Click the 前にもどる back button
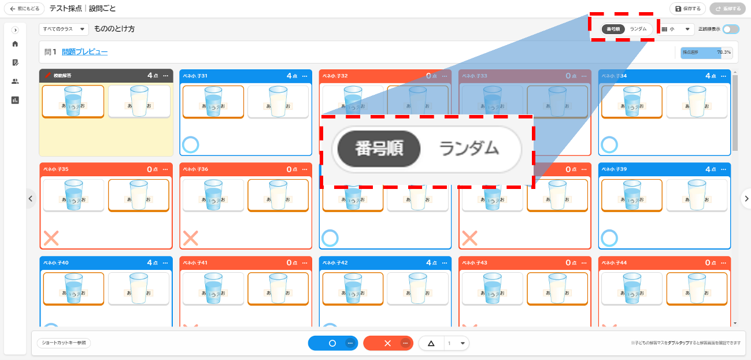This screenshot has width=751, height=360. pos(24,9)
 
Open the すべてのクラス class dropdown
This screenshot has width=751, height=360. pos(64,28)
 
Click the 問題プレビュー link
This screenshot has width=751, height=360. pos(84,52)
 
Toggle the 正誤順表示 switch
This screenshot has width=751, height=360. pos(731,29)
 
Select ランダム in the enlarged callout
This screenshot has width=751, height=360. pos(469,149)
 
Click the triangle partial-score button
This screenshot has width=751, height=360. pos(431,343)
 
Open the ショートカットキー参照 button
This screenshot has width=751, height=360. pos(64,343)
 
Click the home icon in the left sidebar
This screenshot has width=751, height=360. pos(15,44)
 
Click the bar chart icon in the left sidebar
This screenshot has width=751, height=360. pos(15,100)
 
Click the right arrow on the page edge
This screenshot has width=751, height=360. pos(746,198)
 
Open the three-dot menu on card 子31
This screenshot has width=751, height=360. pos(305,76)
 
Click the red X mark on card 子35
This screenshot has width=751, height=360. pos(51,238)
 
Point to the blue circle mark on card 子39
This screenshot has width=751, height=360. pos(610,238)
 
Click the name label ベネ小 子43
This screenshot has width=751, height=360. pos(475,263)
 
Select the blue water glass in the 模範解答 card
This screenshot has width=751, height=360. pos(73,101)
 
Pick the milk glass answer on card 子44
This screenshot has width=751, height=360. pos(695,288)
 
